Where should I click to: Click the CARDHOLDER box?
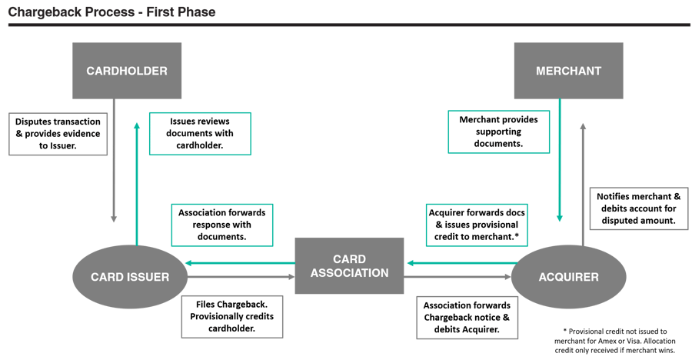(x=127, y=71)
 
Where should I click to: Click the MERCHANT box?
(x=568, y=71)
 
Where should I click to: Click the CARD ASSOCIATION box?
(x=350, y=265)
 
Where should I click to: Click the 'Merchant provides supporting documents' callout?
(x=499, y=132)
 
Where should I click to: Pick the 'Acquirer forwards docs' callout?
(x=472, y=225)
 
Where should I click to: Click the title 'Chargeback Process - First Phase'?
(x=111, y=12)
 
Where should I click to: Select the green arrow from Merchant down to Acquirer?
(x=560, y=162)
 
